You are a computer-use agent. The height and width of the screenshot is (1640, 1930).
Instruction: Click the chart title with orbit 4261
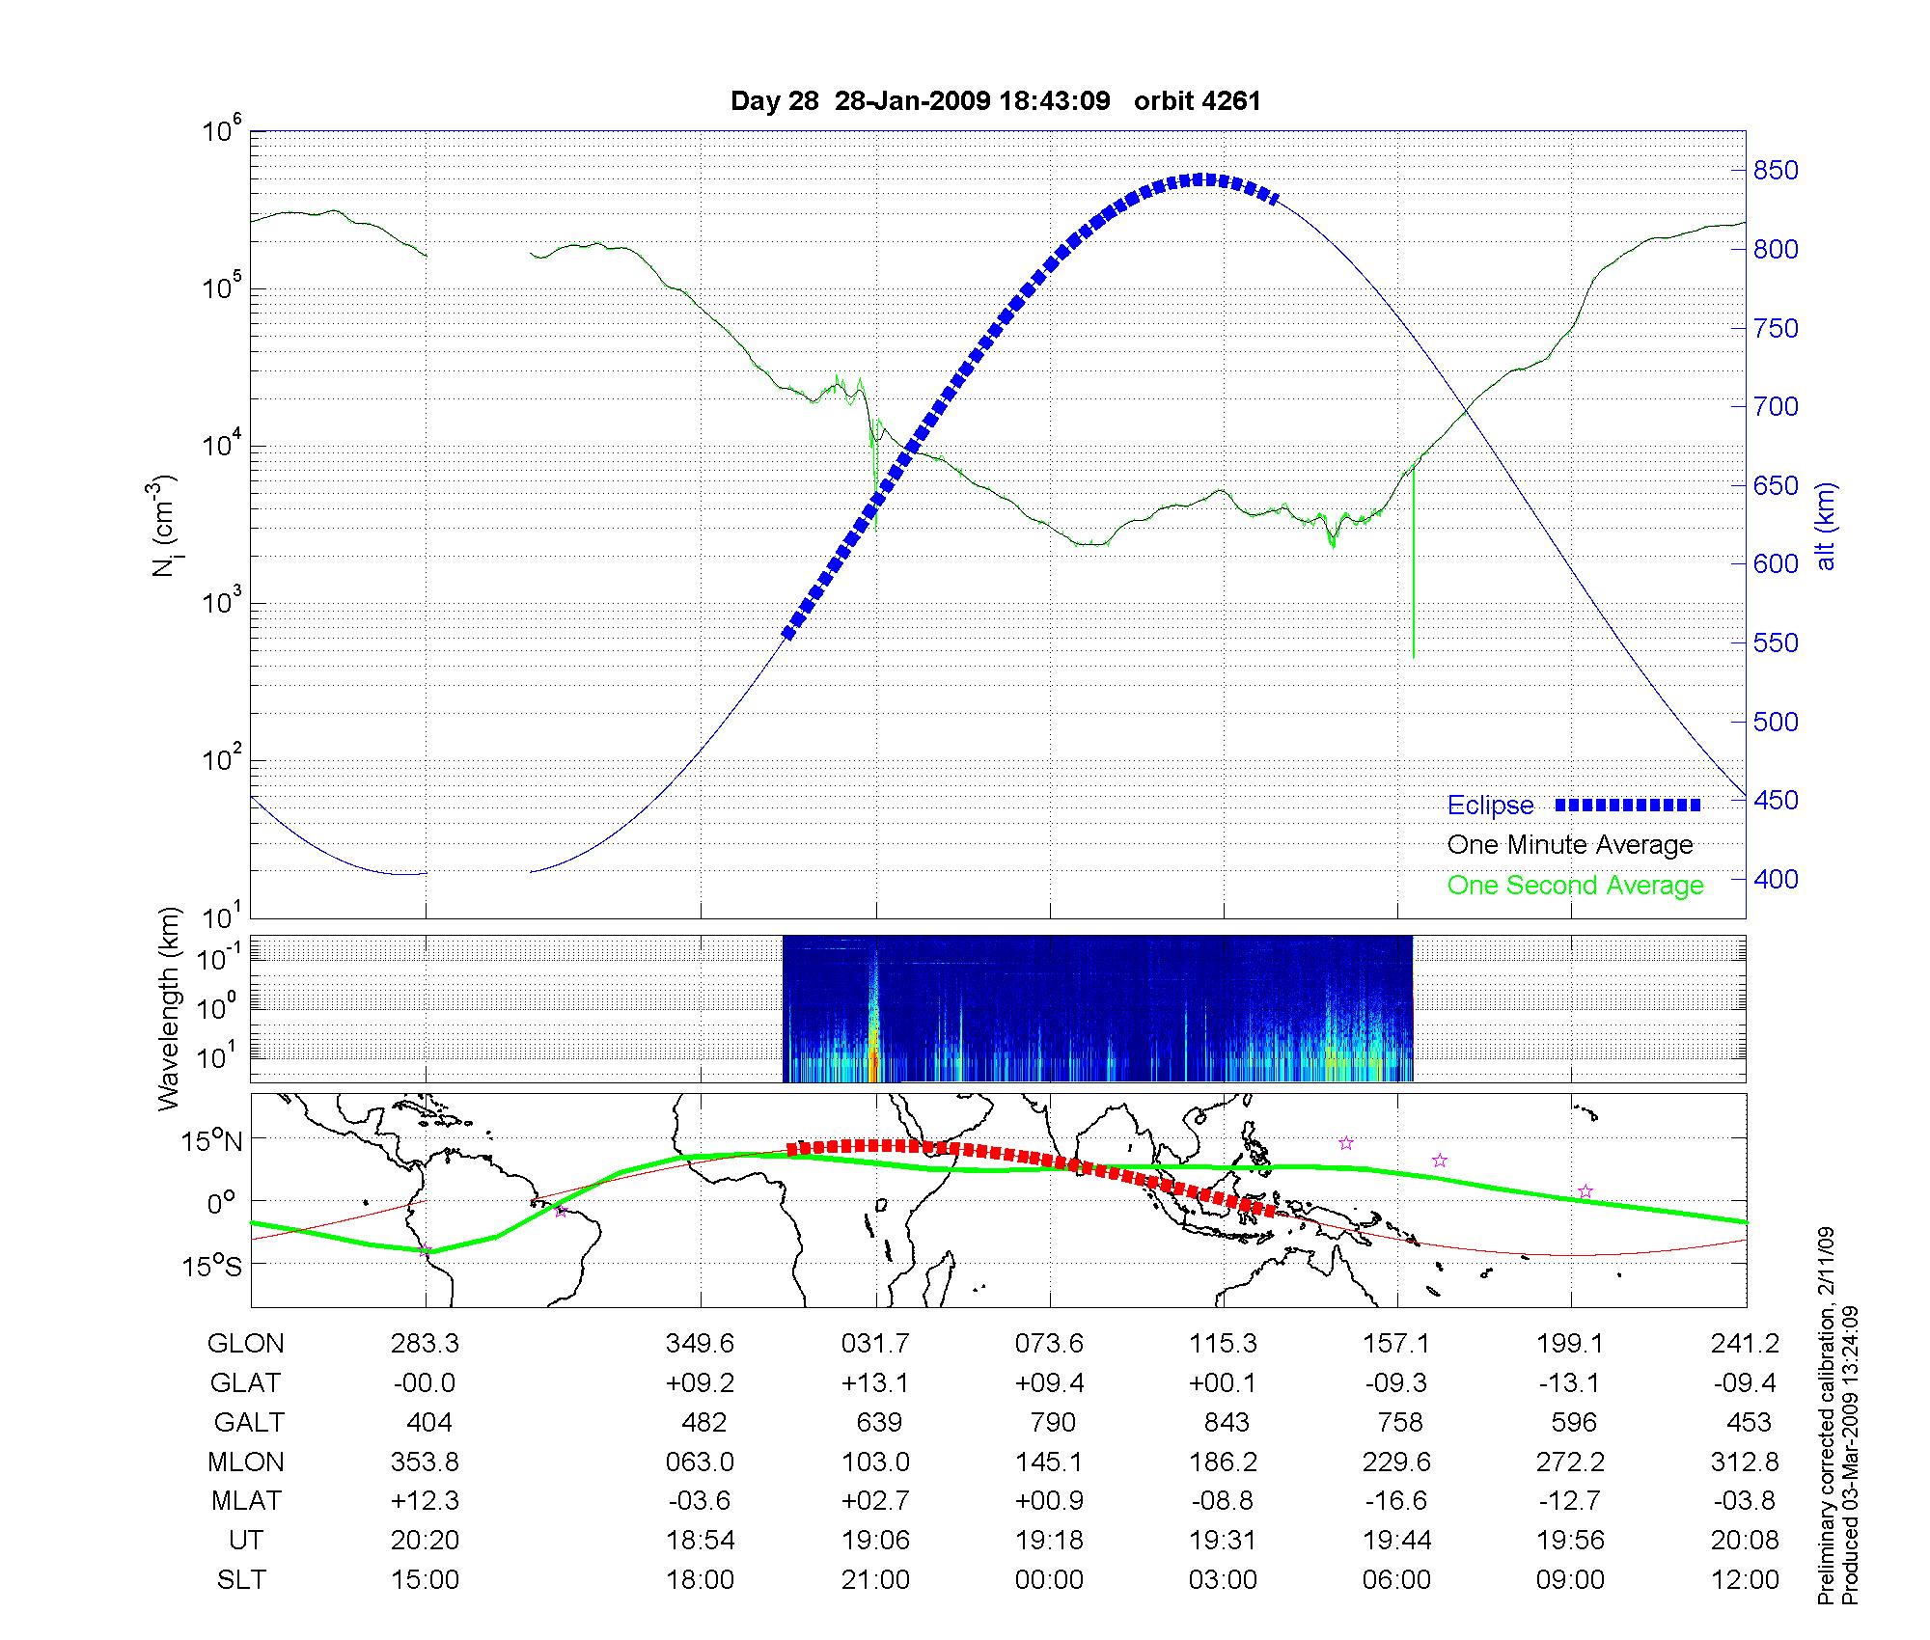(996, 101)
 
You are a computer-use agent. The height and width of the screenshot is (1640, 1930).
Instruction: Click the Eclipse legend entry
(1490, 806)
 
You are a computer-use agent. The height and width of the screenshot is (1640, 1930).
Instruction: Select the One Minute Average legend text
(1570, 845)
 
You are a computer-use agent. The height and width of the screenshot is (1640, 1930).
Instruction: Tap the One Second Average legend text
(1575, 886)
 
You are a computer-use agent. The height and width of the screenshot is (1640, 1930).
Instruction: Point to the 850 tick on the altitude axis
(1776, 171)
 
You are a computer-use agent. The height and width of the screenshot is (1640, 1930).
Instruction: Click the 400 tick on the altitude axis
(1776, 879)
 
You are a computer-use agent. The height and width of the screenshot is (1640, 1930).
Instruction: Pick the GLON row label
(245, 1344)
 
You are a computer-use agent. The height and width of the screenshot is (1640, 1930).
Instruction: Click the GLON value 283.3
(425, 1344)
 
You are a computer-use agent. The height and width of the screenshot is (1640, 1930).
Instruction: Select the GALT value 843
(1226, 1423)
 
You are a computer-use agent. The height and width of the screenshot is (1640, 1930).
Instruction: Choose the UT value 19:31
(1223, 1541)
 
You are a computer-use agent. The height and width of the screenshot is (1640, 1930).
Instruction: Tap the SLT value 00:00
(1049, 1580)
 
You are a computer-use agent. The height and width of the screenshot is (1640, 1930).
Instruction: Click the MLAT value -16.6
(1396, 1501)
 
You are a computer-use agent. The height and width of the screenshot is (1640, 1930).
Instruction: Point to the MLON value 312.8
(1745, 1462)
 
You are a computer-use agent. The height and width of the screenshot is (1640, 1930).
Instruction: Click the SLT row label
(241, 1580)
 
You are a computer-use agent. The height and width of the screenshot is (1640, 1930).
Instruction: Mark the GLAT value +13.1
(875, 1383)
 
